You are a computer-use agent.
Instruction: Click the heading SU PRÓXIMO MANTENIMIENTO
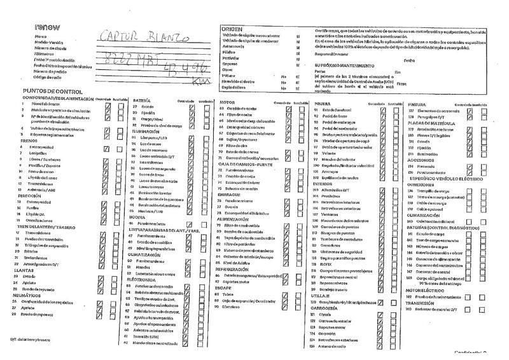(x=344, y=66)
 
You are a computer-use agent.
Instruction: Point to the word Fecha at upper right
(x=409, y=60)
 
